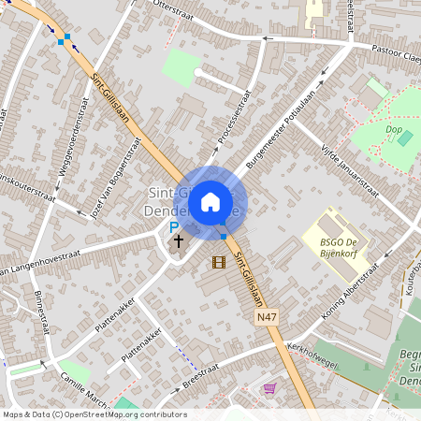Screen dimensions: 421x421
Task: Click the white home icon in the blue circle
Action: coord(210,201)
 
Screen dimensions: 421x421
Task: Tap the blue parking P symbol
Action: coord(173,227)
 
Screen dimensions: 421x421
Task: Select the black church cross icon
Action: coord(178,240)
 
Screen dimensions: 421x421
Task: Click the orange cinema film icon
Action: coord(219,262)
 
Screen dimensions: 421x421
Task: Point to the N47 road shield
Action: coord(267,319)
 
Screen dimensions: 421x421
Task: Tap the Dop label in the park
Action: coord(393,128)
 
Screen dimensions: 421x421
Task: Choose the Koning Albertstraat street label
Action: coord(351,290)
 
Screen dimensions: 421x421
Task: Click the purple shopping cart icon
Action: coord(269,388)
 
